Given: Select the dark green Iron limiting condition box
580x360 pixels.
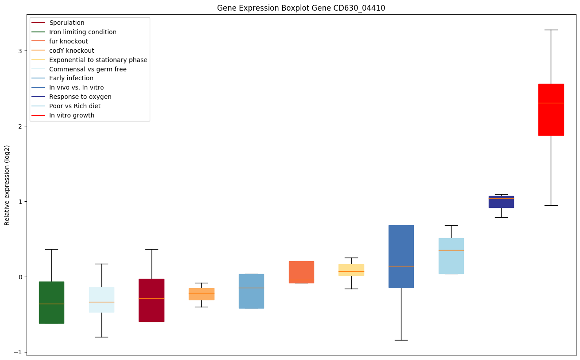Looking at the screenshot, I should click(51, 302).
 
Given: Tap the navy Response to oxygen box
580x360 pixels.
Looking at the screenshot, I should click(501, 202).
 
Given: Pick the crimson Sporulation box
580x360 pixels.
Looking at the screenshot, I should click(152, 300).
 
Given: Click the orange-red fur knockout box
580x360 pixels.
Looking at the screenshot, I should click(301, 272).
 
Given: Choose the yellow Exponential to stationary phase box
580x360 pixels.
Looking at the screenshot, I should click(351, 270).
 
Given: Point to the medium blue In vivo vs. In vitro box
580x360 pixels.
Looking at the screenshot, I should click(401, 256).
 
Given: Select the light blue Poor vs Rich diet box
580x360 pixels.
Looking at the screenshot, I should click(451, 256).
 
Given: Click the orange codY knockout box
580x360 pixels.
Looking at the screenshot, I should click(201, 294).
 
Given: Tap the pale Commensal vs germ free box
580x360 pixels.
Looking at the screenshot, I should click(101, 300).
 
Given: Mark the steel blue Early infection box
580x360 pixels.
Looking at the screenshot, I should click(251, 291).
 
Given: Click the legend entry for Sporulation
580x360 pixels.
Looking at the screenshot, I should click(67, 23).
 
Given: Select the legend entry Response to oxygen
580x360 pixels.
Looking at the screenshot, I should click(80, 97).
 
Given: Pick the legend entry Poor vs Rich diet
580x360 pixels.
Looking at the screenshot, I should click(75, 106).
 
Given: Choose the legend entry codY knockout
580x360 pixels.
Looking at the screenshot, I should click(72, 51).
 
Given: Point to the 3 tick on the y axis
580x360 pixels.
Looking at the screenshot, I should click(20, 51).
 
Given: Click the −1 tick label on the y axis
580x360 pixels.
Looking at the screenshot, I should click(19, 352).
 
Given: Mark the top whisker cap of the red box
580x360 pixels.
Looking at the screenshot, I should click(551, 30).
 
